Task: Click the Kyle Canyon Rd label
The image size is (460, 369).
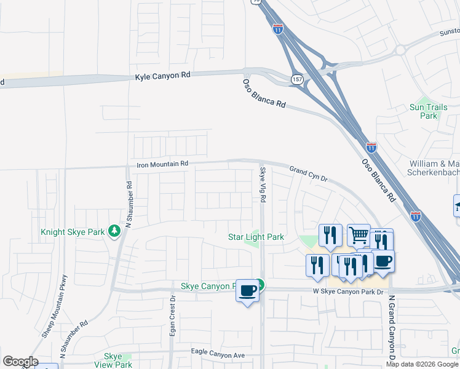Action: tap(163, 75)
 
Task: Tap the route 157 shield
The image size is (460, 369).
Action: tap(297, 80)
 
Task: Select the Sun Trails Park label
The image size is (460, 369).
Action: tap(424, 111)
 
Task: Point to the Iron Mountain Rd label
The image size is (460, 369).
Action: tap(162, 164)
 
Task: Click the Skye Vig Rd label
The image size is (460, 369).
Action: tap(263, 185)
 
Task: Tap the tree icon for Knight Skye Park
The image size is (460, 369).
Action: tap(114, 232)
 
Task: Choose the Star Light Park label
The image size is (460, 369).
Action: tap(256, 236)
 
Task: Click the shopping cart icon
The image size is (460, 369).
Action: tap(359, 234)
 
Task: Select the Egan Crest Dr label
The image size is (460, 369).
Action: tap(173, 317)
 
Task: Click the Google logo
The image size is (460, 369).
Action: tap(20, 362)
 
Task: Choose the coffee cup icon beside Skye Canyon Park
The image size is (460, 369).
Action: tap(247, 290)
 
